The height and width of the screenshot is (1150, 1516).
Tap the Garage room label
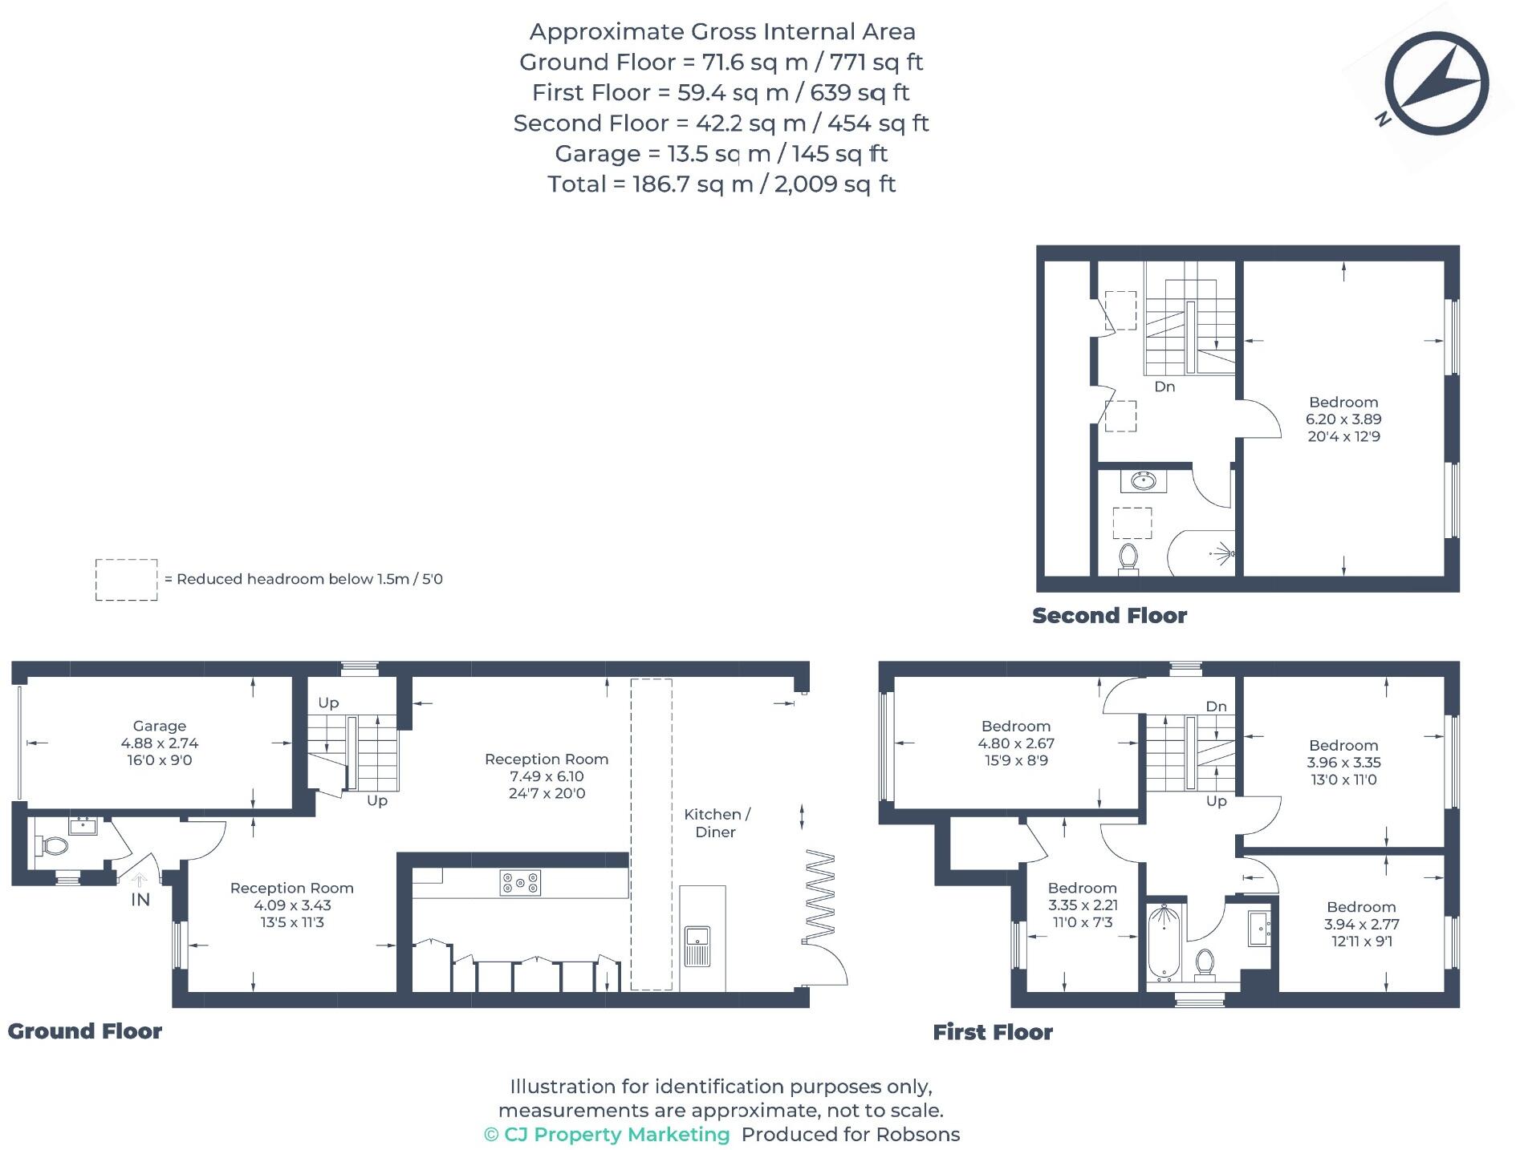[160, 726]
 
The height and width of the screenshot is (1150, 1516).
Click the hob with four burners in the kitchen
[520, 883]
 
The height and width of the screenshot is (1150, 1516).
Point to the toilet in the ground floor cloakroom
[52, 845]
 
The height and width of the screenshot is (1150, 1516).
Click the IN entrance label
[140, 900]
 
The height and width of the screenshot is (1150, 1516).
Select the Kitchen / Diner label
[717, 823]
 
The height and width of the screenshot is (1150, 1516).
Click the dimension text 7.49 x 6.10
[547, 776]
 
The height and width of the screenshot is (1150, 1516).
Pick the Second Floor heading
[1109, 616]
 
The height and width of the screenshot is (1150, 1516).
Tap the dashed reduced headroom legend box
[126, 580]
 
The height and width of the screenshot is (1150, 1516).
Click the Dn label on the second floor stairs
[1164, 387]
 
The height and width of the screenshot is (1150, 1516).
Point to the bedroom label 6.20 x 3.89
[1343, 419]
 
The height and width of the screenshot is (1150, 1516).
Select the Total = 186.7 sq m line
[721, 184]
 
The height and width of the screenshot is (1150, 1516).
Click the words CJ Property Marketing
[616, 1135]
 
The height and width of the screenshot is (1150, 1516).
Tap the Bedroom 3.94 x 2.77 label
[1360, 924]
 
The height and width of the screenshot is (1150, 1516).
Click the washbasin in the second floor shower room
[1143, 481]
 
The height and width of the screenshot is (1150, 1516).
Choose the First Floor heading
[992, 1032]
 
